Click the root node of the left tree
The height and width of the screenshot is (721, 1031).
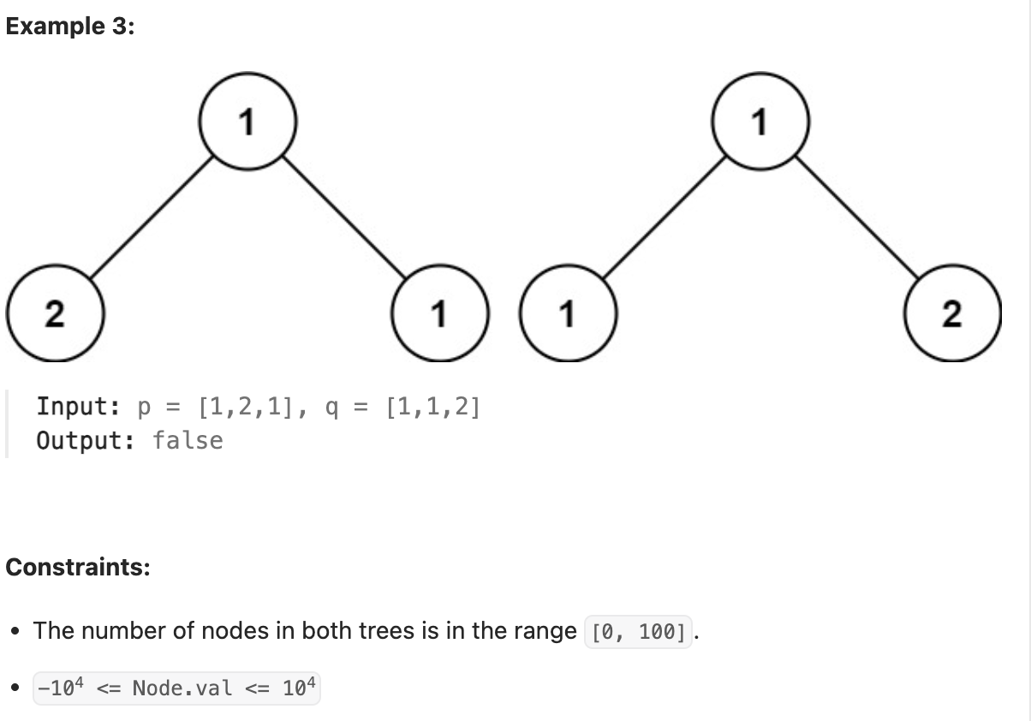pyautogui.click(x=247, y=123)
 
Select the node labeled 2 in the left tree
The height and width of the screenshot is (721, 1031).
pyautogui.click(x=55, y=314)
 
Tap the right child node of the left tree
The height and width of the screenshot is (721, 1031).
pyautogui.click(x=438, y=314)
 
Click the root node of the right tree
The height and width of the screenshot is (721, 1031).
pyautogui.click(x=760, y=123)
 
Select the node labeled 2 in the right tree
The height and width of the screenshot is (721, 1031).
pyautogui.click(x=951, y=314)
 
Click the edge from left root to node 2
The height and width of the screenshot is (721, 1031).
pyautogui.click(x=151, y=218)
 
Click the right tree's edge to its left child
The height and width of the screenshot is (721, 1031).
pyautogui.click(x=664, y=218)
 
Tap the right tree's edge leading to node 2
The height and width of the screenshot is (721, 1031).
pyautogui.click(x=855, y=218)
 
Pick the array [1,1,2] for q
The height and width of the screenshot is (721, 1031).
pyautogui.click(x=432, y=407)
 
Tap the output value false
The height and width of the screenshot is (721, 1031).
pyautogui.click(x=188, y=440)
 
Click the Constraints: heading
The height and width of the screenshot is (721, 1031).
pyautogui.click(x=78, y=567)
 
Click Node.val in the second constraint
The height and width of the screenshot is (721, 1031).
pyautogui.click(x=182, y=688)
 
